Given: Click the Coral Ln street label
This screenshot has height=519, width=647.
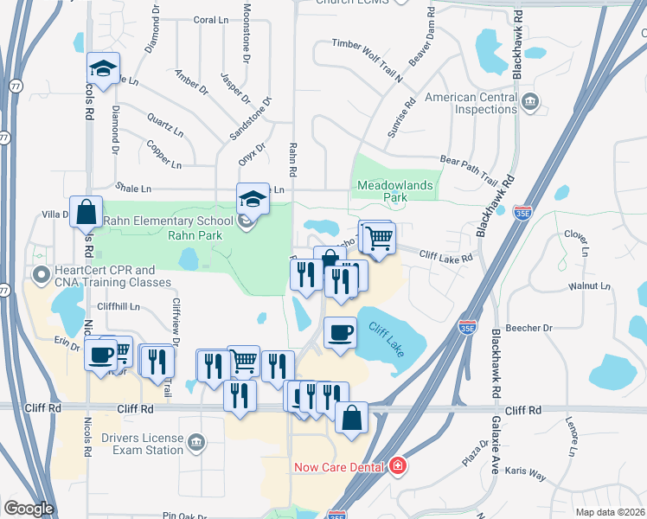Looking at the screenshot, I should click(209, 19).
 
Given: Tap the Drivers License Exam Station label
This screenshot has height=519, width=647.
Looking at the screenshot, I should click(141, 444).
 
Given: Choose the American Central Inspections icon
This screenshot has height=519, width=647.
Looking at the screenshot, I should click(531, 104).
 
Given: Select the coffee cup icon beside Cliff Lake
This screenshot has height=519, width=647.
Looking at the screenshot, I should click(339, 331).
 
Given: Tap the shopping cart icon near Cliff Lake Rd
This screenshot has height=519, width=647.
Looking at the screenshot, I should click(377, 235).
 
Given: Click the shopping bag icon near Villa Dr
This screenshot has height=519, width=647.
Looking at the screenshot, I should click(88, 211).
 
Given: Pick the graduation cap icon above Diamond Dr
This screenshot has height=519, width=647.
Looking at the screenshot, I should click(103, 69).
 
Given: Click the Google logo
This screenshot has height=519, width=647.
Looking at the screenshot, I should click(29, 508).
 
